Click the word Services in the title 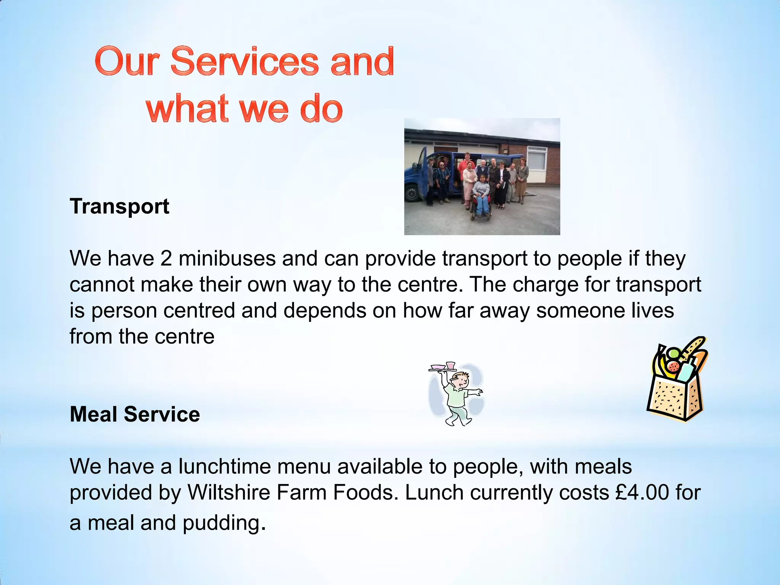tap(244, 61)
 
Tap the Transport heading tap(119, 206)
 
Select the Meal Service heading tap(135, 414)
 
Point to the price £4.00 tap(642, 492)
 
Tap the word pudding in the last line tap(222, 523)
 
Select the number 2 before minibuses tap(166, 259)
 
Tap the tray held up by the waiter tap(443, 368)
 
